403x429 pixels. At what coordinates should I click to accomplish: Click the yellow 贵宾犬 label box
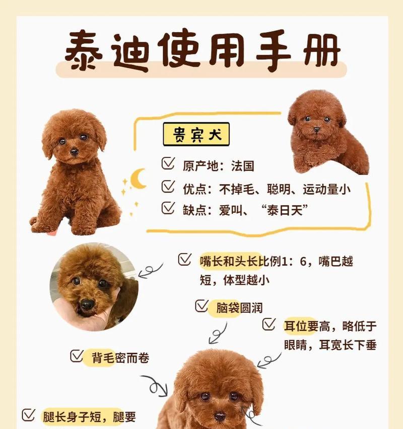196,134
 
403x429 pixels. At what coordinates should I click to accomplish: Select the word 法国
243,166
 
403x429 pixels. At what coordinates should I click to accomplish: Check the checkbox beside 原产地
168,164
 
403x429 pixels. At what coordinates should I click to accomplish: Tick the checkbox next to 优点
168,188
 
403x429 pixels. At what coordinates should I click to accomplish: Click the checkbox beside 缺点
168,208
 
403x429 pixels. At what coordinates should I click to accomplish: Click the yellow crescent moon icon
138,179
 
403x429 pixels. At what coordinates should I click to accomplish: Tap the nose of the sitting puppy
74,151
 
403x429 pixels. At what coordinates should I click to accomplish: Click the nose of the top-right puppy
316,130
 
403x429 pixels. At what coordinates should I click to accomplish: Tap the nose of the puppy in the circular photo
87,304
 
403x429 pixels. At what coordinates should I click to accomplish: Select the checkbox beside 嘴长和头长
184,260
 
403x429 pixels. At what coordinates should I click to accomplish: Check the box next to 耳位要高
269,324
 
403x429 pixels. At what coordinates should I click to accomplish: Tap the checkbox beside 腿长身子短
28,415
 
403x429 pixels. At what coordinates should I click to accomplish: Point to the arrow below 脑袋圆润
218,333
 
